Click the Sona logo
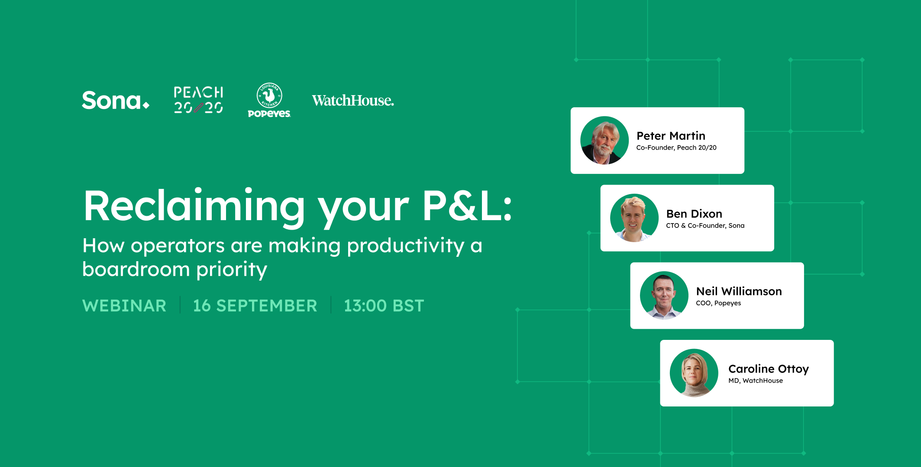click(x=115, y=100)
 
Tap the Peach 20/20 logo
click(x=198, y=100)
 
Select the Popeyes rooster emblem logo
click(x=269, y=100)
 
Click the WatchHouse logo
click(x=353, y=100)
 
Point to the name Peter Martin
click(x=671, y=136)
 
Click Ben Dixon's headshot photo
click(x=634, y=218)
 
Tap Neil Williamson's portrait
click(x=664, y=295)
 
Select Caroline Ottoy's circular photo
click(x=694, y=373)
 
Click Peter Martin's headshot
click(x=604, y=140)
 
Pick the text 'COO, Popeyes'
click(x=718, y=303)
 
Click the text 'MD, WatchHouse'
click(x=755, y=381)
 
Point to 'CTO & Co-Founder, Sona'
click(x=705, y=225)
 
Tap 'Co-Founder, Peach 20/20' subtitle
click(x=676, y=147)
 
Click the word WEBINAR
click(x=124, y=306)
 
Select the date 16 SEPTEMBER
click(x=255, y=306)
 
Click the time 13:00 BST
click(x=384, y=306)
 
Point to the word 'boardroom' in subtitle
click(x=136, y=269)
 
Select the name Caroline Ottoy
click(x=768, y=369)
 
